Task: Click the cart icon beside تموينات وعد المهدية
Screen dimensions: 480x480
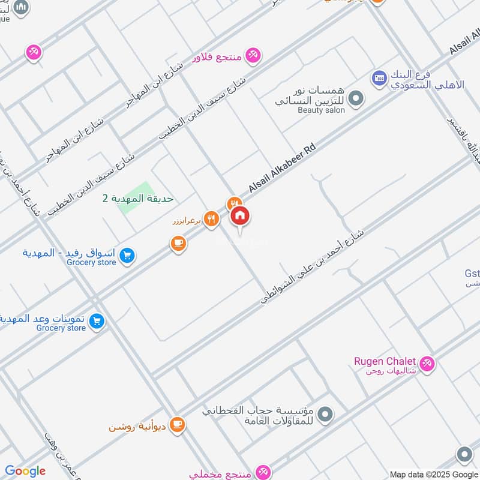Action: coord(96,322)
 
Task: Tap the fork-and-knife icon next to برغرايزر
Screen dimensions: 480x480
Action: coord(210,219)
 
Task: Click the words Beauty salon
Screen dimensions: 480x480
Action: coord(321,110)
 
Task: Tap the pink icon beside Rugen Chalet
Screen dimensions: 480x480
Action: coord(427,363)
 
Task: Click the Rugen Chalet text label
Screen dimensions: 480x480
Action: coord(385,361)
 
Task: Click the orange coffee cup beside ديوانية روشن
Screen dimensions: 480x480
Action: coord(177,425)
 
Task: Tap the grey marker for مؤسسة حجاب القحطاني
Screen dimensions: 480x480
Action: coord(325,414)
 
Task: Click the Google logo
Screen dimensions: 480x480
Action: coord(25,471)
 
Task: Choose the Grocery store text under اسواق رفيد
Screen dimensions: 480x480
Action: coord(91,262)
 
